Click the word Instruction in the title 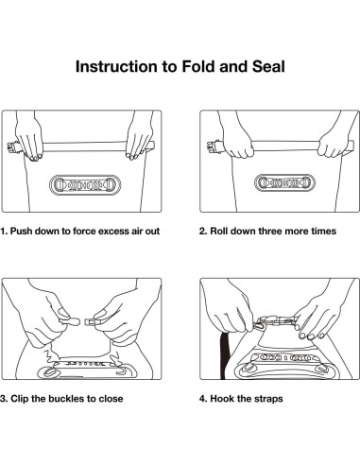(116, 67)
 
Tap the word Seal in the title (268, 67)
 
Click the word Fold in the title (199, 67)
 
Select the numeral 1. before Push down (4, 231)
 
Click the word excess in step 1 (113, 232)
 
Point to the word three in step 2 (268, 231)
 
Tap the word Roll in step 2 (217, 231)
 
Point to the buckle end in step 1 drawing (11, 147)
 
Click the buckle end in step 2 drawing (213, 147)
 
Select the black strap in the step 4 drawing (225, 355)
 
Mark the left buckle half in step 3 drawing (69, 321)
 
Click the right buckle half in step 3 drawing (92, 322)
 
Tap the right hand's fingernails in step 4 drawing (312, 336)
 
